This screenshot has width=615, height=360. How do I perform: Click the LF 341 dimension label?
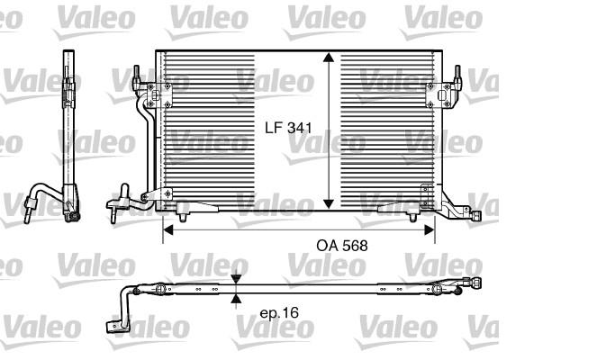[x=288, y=128]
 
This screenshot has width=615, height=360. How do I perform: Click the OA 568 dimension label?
[x=342, y=246]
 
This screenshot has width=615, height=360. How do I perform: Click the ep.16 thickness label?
[x=279, y=312]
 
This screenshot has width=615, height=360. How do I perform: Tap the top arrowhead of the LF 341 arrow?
[x=329, y=58]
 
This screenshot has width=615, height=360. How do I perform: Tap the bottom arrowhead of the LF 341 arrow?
[x=329, y=204]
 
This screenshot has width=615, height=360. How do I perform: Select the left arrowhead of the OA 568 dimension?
[x=167, y=229]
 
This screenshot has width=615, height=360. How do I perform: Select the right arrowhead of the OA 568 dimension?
[x=430, y=229]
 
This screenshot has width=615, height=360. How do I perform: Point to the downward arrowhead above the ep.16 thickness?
[x=236, y=280]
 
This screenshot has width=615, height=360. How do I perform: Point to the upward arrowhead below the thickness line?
[x=236, y=299]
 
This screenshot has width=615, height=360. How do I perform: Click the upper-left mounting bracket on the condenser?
[x=159, y=95]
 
